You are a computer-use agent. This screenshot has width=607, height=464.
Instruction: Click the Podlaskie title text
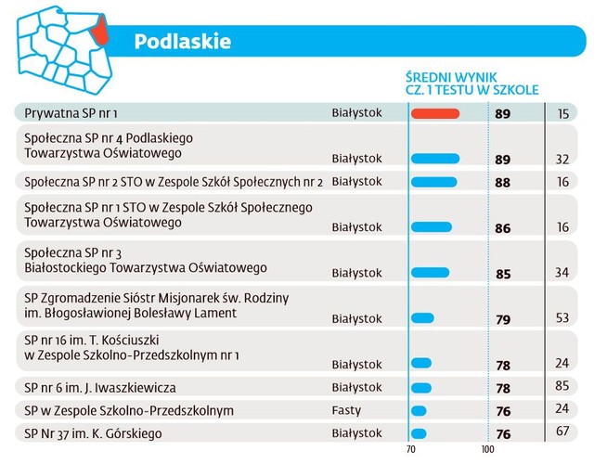(x=182, y=42)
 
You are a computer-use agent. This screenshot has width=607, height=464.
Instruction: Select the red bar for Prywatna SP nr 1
(x=435, y=113)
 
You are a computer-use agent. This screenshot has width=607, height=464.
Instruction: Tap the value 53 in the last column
(x=562, y=319)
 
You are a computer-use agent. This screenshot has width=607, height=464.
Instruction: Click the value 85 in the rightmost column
(x=562, y=388)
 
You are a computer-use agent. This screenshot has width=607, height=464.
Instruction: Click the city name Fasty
(x=347, y=410)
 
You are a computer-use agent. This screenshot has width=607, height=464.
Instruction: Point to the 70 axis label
(x=410, y=451)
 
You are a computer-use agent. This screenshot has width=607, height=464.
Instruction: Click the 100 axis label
(x=487, y=451)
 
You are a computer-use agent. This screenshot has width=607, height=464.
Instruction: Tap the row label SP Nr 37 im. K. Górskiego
(x=93, y=433)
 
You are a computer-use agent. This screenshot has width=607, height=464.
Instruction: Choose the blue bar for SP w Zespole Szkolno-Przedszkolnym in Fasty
(x=419, y=410)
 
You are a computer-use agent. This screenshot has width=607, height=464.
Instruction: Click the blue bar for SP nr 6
(x=420, y=387)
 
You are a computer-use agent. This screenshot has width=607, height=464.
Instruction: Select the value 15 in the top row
(x=562, y=113)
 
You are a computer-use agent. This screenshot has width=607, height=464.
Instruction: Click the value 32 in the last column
(x=562, y=160)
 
